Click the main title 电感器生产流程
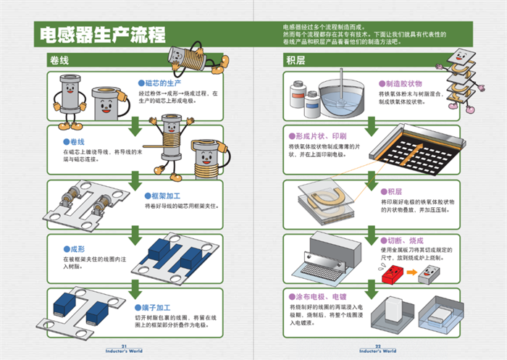coord(101,34)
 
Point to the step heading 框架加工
coord(166,196)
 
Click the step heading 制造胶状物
coord(403,84)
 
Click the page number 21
coord(125,346)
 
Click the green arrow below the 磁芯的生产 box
coord(135,127)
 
